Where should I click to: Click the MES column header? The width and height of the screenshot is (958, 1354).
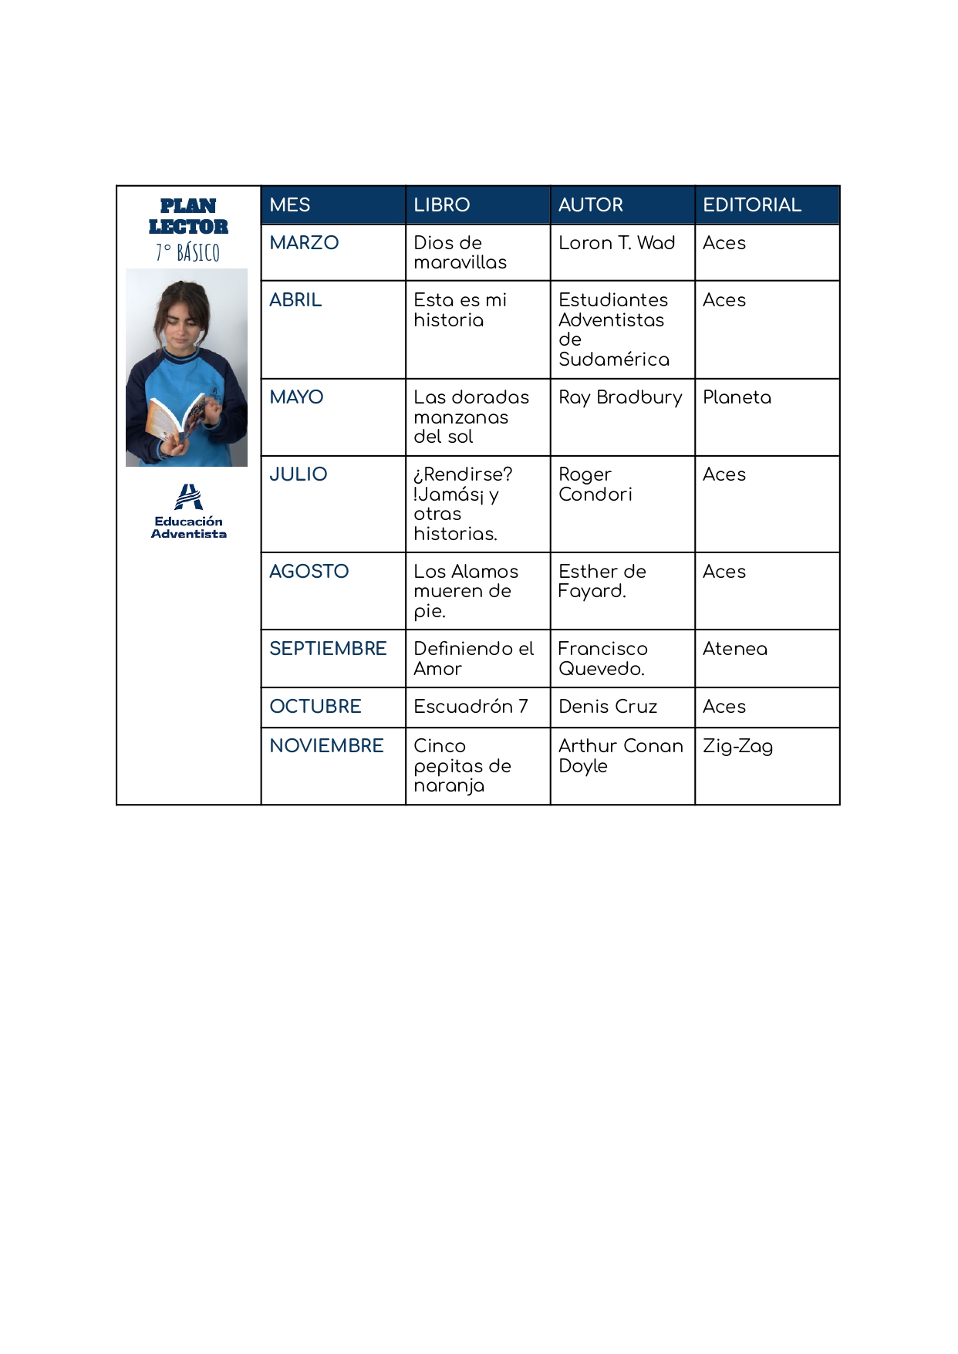coord(290,205)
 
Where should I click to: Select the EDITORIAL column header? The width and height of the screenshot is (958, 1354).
coord(751,205)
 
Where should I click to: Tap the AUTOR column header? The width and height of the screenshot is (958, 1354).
coord(590,205)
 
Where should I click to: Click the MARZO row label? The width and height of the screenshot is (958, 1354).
coord(304,243)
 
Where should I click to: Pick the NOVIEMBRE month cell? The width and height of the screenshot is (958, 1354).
coord(326,746)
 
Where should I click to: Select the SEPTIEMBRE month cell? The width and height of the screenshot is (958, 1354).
coord(328,649)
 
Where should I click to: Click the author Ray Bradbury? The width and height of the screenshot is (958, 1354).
coord(620,397)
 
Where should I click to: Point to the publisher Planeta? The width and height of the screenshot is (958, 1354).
coord(737,397)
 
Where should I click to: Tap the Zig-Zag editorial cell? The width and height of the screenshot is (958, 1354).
coord(737,746)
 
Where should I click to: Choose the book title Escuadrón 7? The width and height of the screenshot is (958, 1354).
coord(471,707)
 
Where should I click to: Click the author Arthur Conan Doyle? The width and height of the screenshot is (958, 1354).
coord(620,756)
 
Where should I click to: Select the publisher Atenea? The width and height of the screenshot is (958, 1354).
coord(734,649)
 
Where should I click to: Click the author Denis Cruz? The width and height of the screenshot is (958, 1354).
coord(608,707)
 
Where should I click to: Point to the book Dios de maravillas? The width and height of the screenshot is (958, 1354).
coord(460,252)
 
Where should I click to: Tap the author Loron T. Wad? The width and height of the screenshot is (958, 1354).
coord(616,243)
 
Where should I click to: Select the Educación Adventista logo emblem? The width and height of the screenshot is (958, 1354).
coord(188,497)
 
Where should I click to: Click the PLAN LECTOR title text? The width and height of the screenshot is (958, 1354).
coord(188,216)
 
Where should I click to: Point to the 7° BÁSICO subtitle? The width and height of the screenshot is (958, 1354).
coord(187,252)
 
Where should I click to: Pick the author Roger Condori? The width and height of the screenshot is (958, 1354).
coord(595,485)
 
